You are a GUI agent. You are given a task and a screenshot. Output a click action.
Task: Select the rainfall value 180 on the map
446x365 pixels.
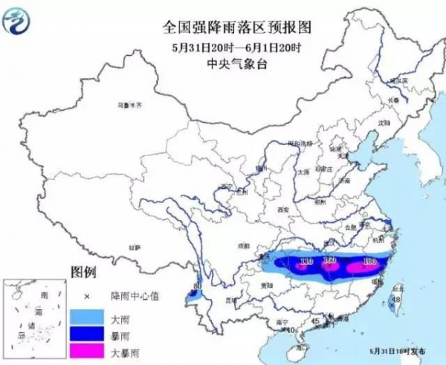tap(370, 261)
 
